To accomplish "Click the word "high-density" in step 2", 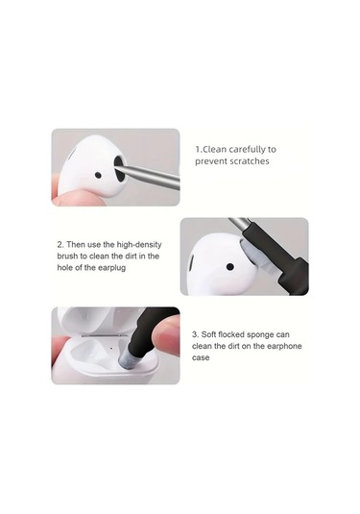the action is pyautogui.click(x=139, y=245).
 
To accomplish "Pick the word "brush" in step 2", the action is pyautogui.click(x=67, y=256).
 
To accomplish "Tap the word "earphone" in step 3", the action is pyautogui.click(x=284, y=346).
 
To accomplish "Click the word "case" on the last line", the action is pyautogui.click(x=201, y=357).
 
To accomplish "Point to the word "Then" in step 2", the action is pyautogui.click(x=75, y=245).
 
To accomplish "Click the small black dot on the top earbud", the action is pyautogui.click(x=98, y=176).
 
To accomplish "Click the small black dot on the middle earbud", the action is pyautogui.click(x=230, y=267).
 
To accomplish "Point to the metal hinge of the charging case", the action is pyautogui.click(x=105, y=335).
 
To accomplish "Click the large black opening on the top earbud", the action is pyautogui.click(x=119, y=169).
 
